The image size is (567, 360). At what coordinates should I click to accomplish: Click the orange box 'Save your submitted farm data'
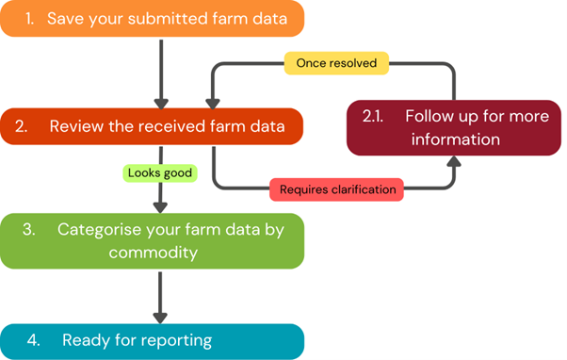[x=152, y=19]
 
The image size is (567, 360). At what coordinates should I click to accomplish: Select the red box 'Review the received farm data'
[x=152, y=126]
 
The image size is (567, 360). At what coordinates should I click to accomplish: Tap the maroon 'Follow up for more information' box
[x=454, y=128]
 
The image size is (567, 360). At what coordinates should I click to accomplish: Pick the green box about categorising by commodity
[x=152, y=241]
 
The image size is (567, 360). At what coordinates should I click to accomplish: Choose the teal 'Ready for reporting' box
[x=152, y=341]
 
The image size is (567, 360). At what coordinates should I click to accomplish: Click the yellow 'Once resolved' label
[x=336, y=63]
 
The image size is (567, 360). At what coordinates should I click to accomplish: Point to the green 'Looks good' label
[x=160, y=173]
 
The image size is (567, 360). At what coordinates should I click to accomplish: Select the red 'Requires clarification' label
[x=336, y=189]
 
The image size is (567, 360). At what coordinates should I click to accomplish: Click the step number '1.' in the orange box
[x=29, y=19]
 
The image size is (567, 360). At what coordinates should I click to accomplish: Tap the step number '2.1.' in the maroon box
[x=373, y=116]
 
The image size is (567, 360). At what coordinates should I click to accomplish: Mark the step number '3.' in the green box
[x=29, y=229]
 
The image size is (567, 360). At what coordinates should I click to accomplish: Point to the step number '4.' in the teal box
[x=34, y=340]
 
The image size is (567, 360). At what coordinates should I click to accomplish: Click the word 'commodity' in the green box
[x=154, y=253]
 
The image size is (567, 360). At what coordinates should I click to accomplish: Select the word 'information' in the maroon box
[x=456, y=139]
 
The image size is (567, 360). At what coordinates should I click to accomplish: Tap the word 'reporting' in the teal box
[x=176, y=341]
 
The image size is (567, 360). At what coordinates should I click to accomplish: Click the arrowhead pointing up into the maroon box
[x=454, y=161]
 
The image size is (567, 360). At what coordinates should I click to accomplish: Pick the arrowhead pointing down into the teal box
[x=160, y=318]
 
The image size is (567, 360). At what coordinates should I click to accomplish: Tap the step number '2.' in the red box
[x=22, y=126]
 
